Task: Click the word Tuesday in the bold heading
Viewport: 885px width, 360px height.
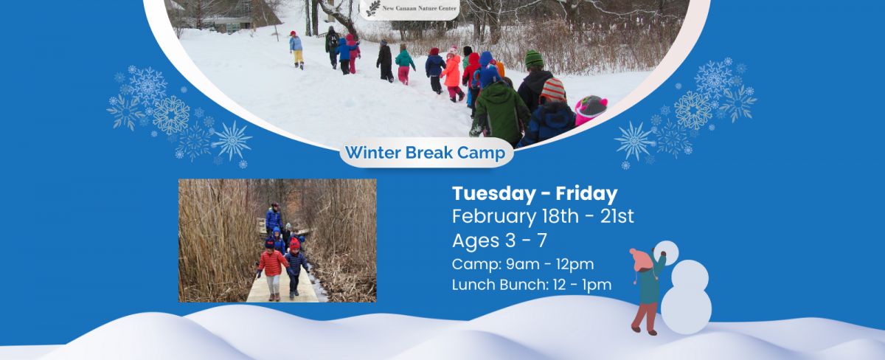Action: tap(493, 194)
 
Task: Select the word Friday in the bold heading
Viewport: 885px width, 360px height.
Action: tap(586, 193)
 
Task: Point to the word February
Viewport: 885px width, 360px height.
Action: tap(494, 217)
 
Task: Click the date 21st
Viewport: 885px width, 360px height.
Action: tap(617, 216)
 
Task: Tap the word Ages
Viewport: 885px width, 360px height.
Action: tap(472, 241)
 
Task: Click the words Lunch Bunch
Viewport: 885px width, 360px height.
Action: tap(500, 285)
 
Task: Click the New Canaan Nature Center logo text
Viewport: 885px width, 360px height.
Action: tap(419, 8)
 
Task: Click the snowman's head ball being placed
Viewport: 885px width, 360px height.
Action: tap(667, 252)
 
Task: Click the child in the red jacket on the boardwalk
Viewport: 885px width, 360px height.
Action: tap(272, 269)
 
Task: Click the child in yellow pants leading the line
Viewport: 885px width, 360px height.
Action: tap(296, 49)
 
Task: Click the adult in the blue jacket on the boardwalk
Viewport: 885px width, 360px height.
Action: tap(274, 220)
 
